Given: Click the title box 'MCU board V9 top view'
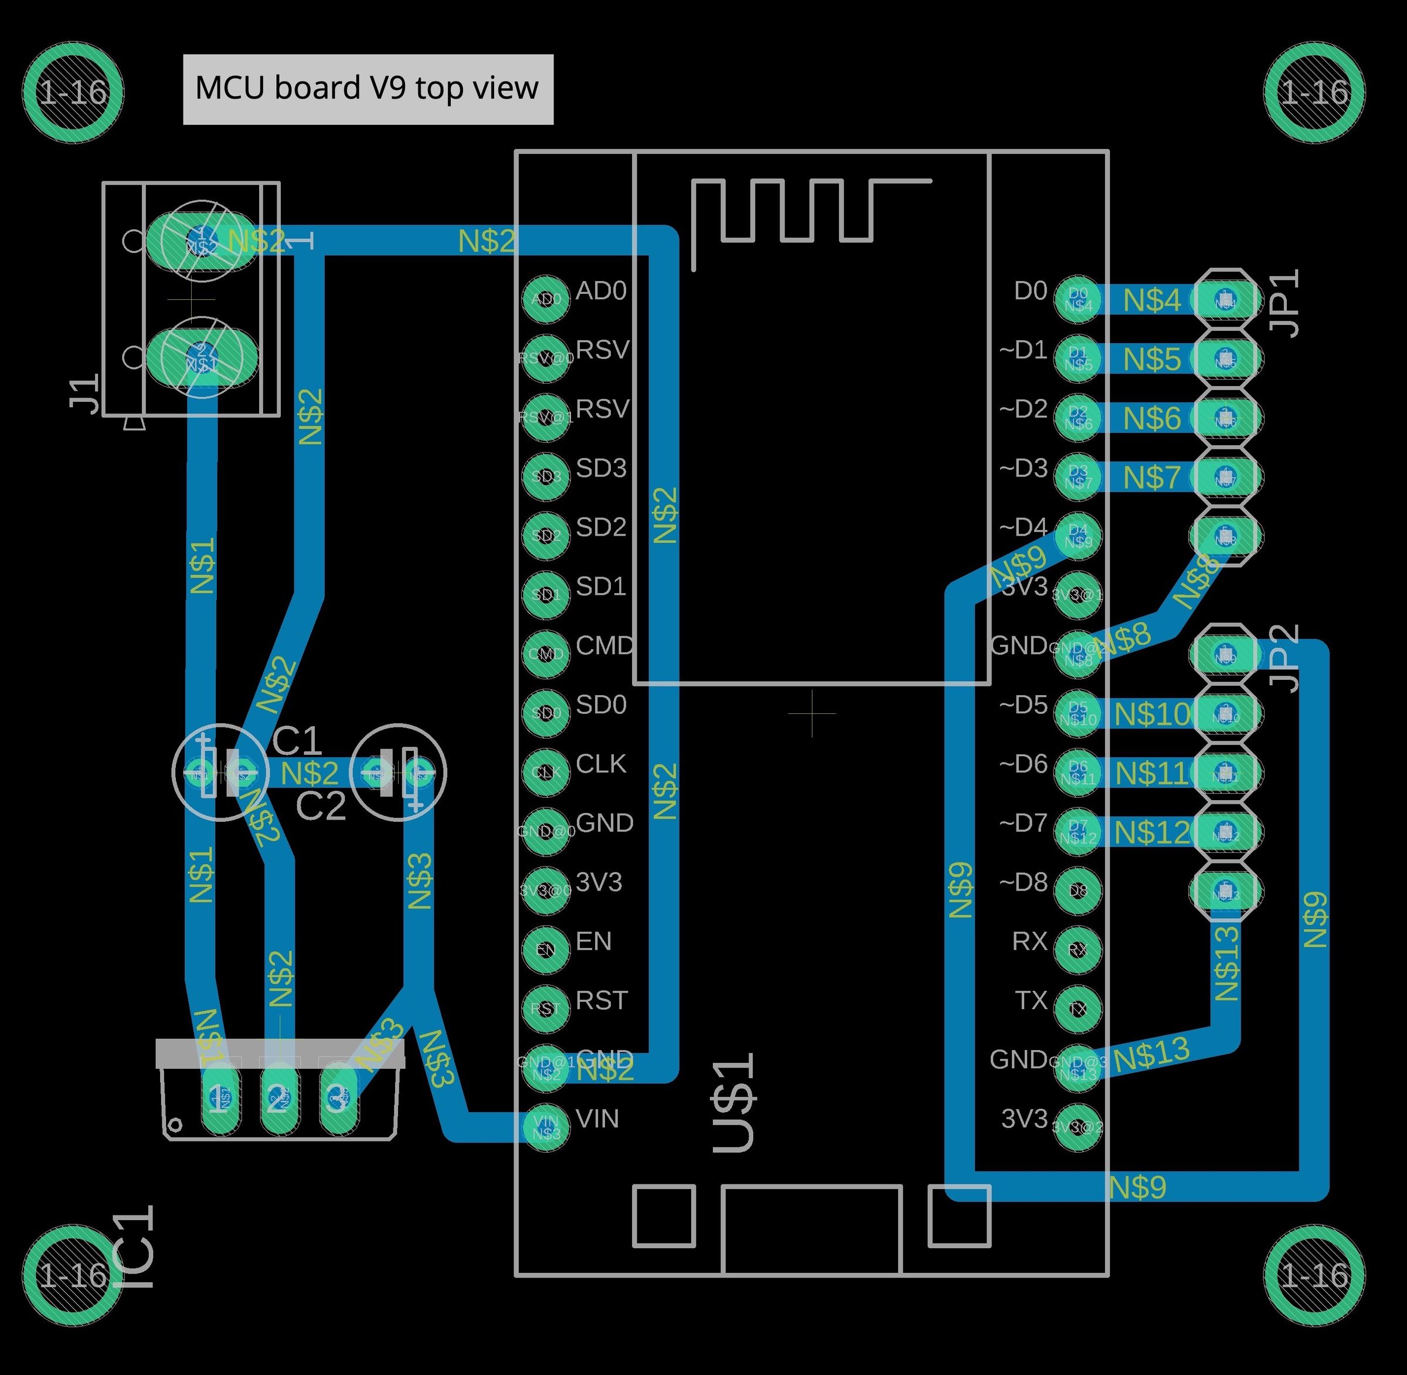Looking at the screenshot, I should coord(368,89).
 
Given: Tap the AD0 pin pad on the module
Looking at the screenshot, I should coord(545,298).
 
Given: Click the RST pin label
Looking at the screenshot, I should coord(601,1000).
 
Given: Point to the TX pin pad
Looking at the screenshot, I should coord(1077,1008).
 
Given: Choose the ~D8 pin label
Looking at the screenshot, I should coord(1023,882).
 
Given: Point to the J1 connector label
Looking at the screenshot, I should coord(85,394).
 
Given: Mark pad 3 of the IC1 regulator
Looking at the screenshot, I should coord(338,1099).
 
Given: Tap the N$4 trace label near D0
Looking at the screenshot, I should coord(1152,300).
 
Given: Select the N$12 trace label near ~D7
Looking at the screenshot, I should coord(1152,832).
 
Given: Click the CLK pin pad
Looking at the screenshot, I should coord(545,771).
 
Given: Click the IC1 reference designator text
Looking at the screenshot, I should coord(134,1247).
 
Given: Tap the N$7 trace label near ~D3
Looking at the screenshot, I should coord(1152,477).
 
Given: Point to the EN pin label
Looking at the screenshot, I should coord(593,941).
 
